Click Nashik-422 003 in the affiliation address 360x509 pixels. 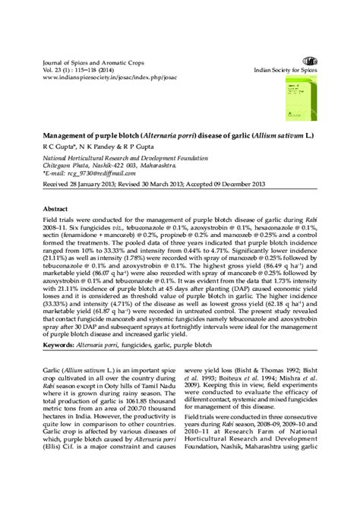click(x=117, y=163)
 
